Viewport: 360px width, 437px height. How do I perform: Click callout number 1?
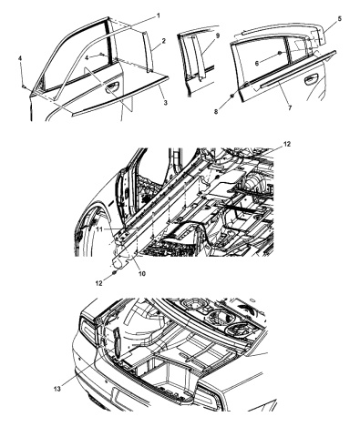[x=159, y=15]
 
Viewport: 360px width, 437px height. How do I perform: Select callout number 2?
[x=164, y=41]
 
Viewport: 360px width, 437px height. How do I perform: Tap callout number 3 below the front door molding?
[x=166, y=103]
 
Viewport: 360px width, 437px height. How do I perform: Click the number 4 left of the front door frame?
[x=20, y=58]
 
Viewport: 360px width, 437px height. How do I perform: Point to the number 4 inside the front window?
[x=87, y=57]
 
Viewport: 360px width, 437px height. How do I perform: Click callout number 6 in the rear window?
[x=257, y=63]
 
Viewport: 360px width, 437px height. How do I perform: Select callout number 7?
[x=290, y=107]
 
